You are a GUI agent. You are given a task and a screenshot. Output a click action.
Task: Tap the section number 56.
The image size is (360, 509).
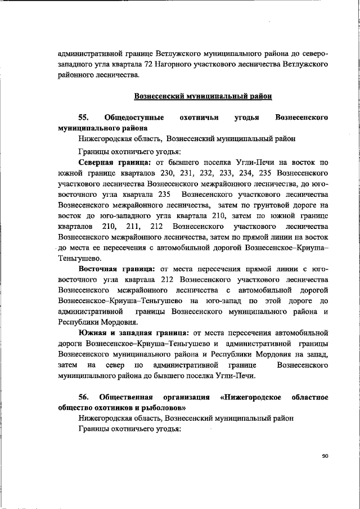coord(84,397)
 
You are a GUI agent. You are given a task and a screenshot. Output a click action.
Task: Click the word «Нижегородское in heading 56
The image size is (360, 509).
coord(249,397)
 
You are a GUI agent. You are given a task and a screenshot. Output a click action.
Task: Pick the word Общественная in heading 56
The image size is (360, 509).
coord(125,397)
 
